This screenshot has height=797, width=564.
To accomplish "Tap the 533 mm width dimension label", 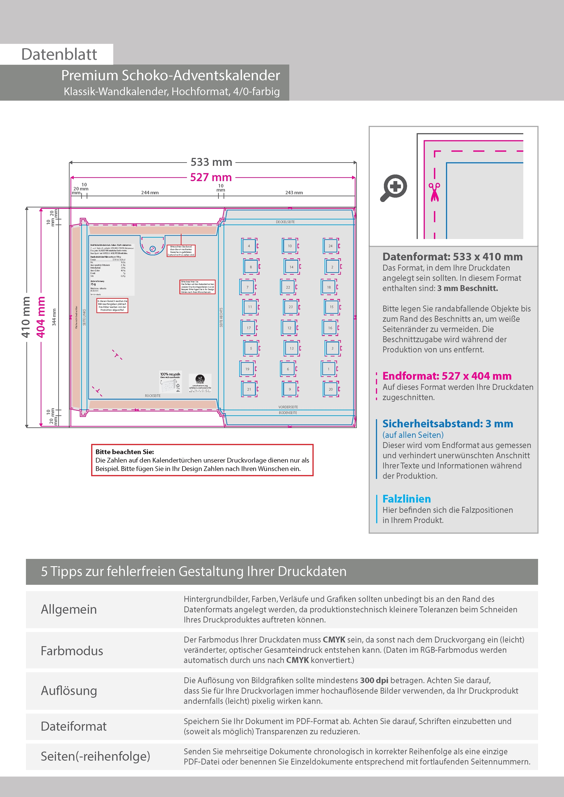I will [x=211, y=162].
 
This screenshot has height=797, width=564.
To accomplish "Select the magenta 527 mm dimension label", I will [x=211, y=177].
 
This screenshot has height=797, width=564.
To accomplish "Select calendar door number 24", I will [x=330, y=246].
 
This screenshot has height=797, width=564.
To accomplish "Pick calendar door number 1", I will [x=328, y=369].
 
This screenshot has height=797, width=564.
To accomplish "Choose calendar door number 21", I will [x=249, y=389].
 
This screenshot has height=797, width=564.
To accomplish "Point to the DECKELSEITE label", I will [x=285, y=222].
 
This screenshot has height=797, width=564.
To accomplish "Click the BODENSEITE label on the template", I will [x=288, y=413].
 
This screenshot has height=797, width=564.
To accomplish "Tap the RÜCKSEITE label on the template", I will [x=153, y=396].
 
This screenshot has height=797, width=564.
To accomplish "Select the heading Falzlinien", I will [x=407, y=499].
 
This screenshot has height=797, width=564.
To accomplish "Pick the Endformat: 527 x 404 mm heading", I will [x=447, y=376].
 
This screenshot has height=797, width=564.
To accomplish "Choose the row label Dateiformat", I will [x=74, y=726].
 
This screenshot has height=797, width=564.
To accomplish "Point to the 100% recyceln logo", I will [x=170, y=382].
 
